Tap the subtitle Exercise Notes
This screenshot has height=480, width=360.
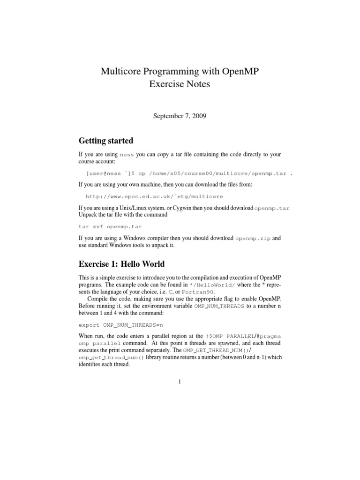[x=180, y=84]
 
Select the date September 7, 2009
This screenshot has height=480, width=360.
[x=180, y=115]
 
